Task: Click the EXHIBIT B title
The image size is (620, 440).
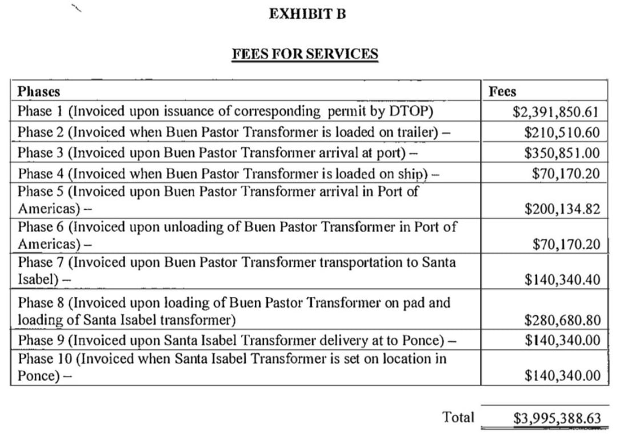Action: [307, 14]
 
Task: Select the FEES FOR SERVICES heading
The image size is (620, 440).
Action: [305, 54]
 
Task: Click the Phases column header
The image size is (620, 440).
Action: [39, 91]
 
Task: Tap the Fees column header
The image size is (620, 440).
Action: [502, 91]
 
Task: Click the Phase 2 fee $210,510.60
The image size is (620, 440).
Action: [562, 133]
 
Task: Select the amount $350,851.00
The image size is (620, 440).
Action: [562, 153]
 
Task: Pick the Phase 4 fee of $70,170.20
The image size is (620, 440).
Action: [566, 173]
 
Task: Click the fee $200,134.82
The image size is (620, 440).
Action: [562, 209]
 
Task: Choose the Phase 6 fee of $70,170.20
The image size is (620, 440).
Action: [566, 245]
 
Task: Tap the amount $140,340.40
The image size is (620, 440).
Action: [562, 280]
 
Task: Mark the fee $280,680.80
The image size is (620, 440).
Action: [562, 320]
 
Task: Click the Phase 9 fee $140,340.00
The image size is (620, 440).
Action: [562, 340]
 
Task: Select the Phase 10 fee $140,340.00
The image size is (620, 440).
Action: [562, 375]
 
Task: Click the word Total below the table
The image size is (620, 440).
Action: [458, 417]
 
